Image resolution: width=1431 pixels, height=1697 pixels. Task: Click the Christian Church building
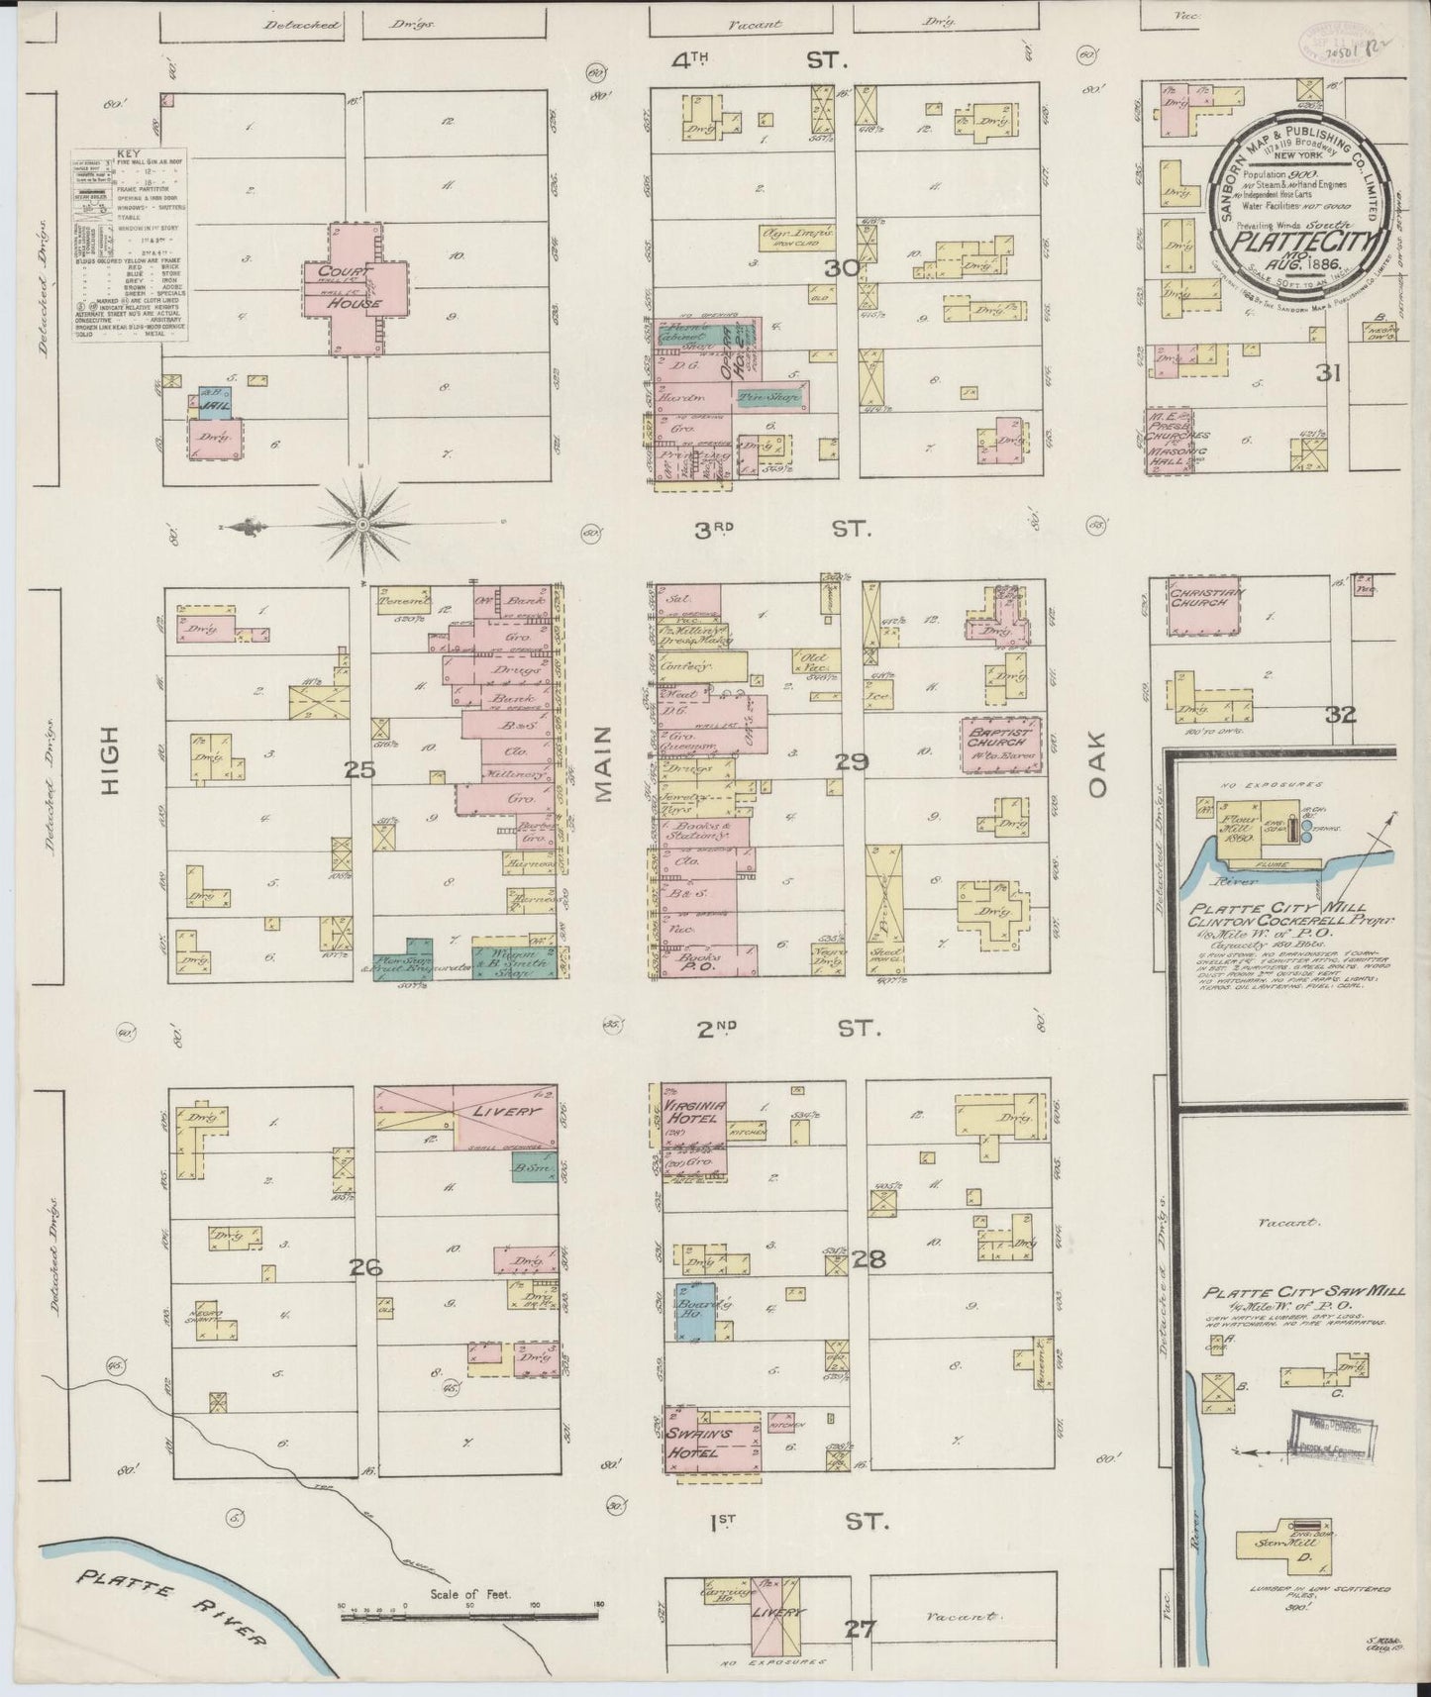click(1204, 605)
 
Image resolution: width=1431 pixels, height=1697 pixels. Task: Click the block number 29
click(851, 761)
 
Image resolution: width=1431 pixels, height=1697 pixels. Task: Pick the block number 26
click(365, 1266)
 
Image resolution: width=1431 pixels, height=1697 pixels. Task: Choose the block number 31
click(1328, 373)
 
